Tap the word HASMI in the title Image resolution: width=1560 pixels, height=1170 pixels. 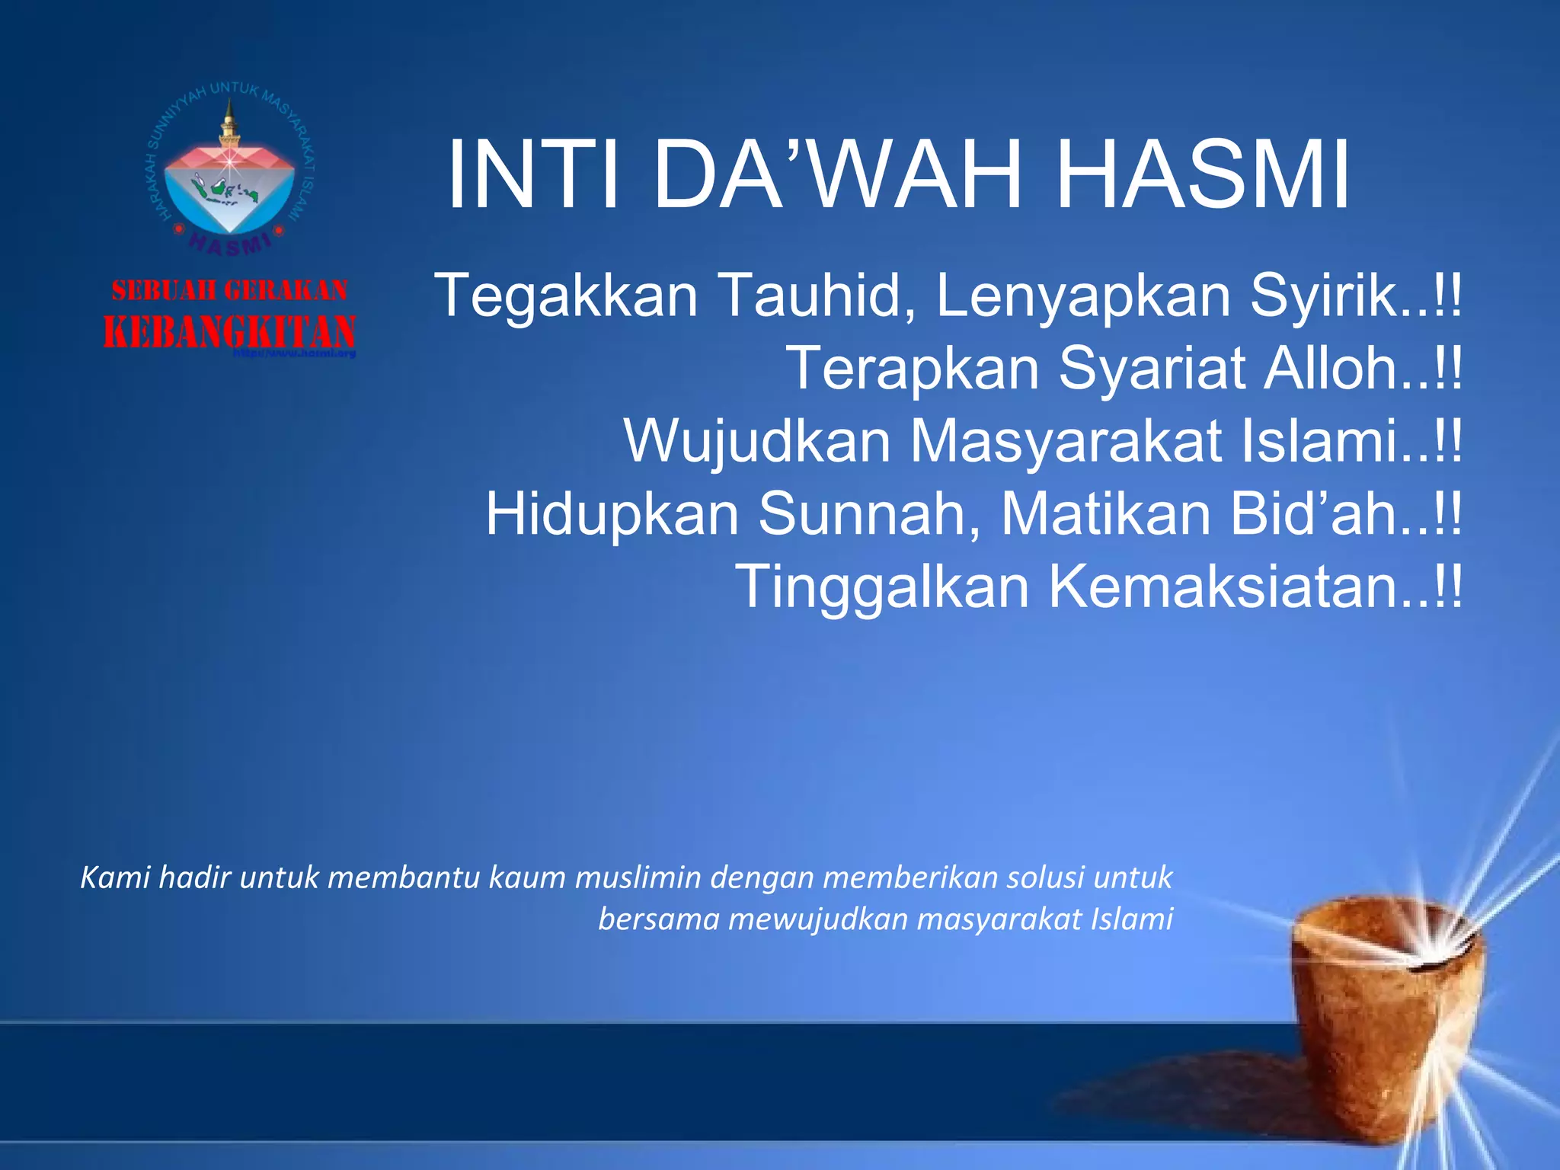coord(1204,175)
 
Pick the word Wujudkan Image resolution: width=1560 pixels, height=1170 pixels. coord(758,442)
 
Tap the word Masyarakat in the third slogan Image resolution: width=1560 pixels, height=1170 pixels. coord(1066,442)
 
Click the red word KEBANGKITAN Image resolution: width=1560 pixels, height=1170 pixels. coord(229,332)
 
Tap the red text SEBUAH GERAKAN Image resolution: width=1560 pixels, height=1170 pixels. coord(229,290)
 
